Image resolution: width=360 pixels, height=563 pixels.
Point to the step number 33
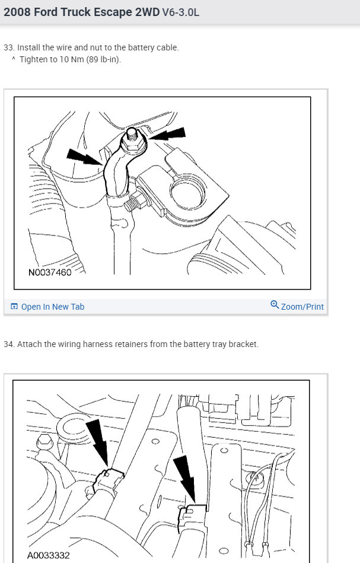pos(8,47)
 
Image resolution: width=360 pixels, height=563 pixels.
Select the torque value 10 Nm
pos(70,59)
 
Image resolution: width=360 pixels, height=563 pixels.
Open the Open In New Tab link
pos(53,307)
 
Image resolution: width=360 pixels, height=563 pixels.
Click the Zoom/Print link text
pos(302,307)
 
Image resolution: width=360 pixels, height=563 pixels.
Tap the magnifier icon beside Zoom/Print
pos(275,305)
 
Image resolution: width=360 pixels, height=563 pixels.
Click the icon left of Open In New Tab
pos(14,307)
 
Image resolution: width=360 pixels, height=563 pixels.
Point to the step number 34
pos(8,344)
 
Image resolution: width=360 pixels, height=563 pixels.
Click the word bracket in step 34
pos(243,344)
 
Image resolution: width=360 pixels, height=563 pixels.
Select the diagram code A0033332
pos(49,555)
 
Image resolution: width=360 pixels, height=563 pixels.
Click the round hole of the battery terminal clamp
pos(189,192)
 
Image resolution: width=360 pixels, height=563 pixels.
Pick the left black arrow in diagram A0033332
pos(97,439)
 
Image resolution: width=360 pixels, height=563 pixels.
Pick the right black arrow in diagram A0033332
pos(186,478)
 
